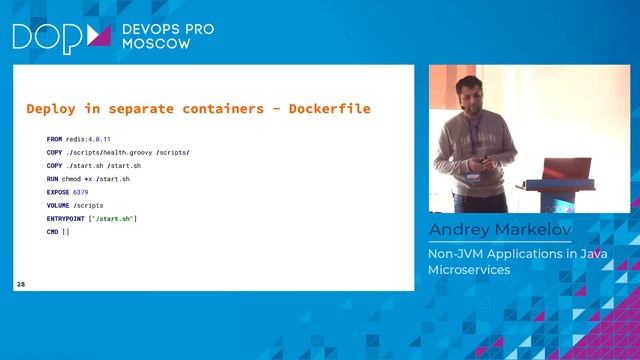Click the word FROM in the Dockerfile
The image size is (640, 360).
pyautogui.click(x=54, y=140)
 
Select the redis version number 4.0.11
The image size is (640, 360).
pyautogui.click(x=98, y=140)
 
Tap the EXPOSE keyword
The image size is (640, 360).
pyautogui.click(x=58, y=192)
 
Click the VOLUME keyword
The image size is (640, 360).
pyautogui.click(x=58, y=205)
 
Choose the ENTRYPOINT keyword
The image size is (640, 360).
pyautogui.click(x=67, y=218)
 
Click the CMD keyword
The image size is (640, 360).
pyautogui.click(x=53, y=231)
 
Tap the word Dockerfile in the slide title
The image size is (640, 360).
pyautogui.click(x=343, y=108)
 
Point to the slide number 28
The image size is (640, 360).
pyautogui.click(x=21, y=285)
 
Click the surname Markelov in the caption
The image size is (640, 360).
pyautogui.click(x=533, y=232)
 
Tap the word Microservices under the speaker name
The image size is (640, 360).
pyautogui.click(x=469, y=270)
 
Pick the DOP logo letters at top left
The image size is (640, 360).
pyautogui.click(x=45, y=37)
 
